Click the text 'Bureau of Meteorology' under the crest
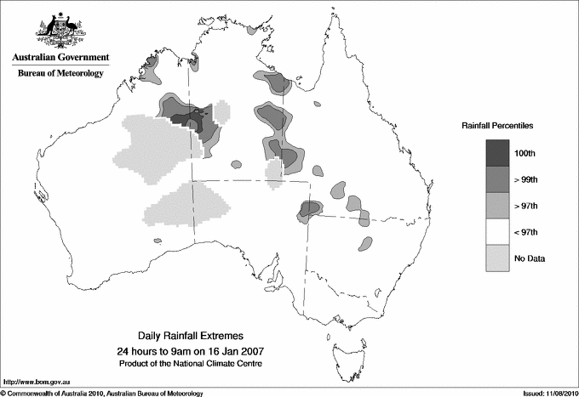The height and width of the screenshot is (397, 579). click(60, 74)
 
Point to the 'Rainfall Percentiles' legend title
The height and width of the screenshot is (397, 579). click(497, 126)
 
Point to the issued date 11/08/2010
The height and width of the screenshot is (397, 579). click(558, 393)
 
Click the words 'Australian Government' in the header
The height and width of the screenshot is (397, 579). click(60, 58)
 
